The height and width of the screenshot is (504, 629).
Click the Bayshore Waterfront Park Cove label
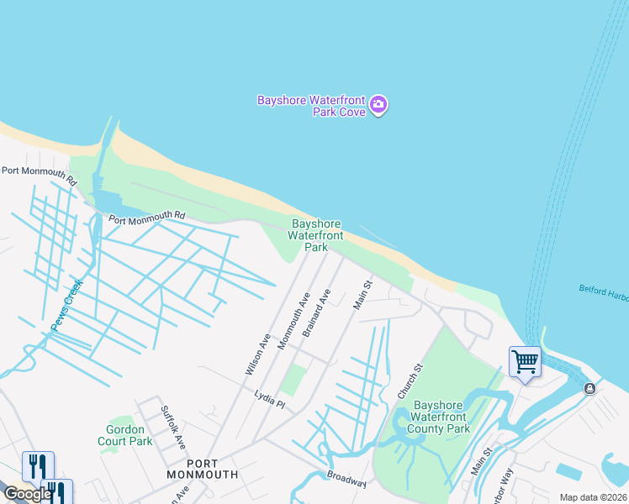point(312,106)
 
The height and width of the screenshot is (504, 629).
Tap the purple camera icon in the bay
point(378,105)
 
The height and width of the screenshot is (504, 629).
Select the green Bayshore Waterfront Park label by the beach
point(315,235)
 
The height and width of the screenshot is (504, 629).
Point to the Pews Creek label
point(66,307)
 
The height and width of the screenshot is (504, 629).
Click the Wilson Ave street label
point(257,354)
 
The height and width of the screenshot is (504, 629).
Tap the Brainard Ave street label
point(317,313)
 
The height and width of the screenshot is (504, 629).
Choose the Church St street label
point(410,381)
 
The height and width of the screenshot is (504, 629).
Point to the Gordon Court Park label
point(124,435)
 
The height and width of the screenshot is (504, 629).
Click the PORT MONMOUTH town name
point(212,469)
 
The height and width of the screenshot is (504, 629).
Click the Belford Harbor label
point(603,290)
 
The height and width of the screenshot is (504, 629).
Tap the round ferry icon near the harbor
point(589,388)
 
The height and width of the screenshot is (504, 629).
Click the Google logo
point(28,494)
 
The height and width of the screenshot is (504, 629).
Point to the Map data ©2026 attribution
point(593,497)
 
